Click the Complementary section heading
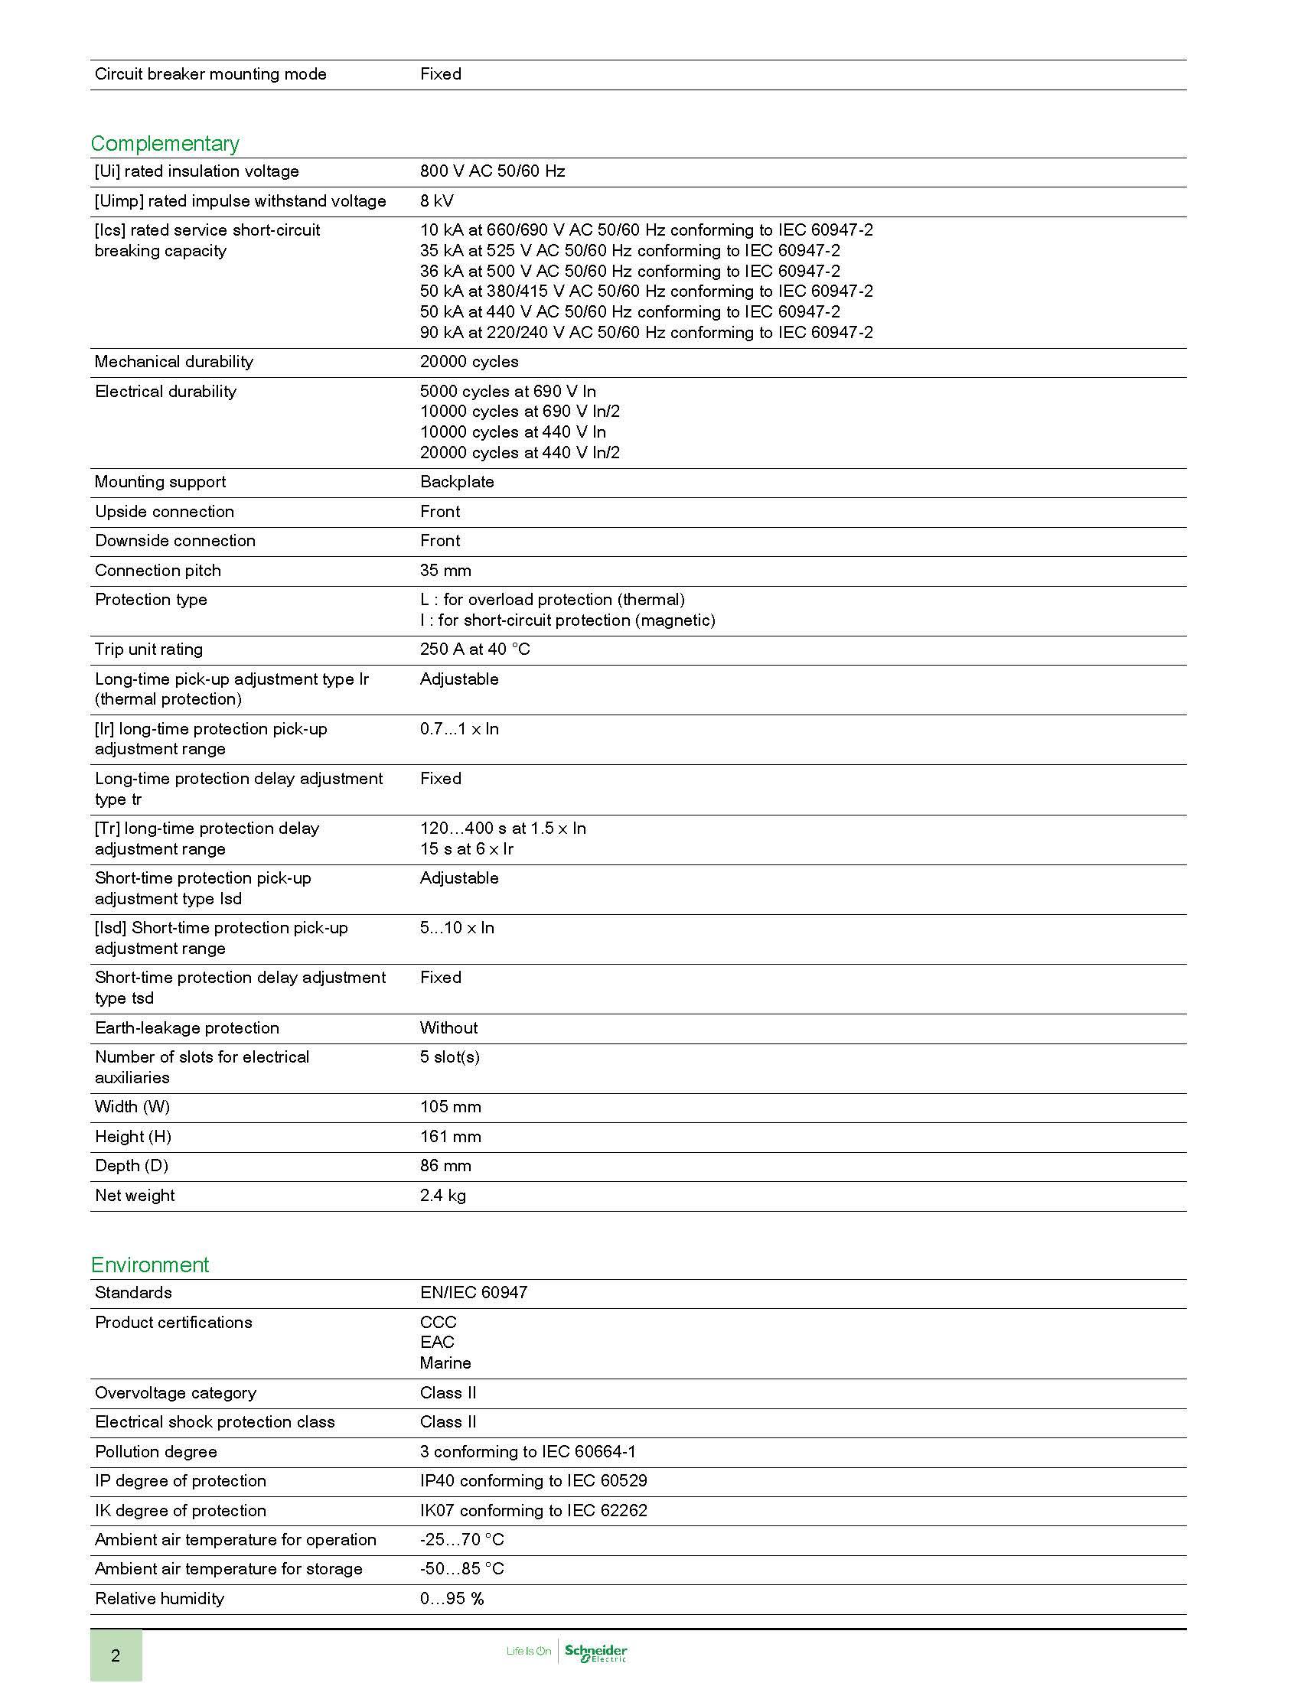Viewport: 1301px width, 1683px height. pyautogui.click(x=165, y=144)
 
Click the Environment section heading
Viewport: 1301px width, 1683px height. pyautogui.click(x=149, y=1265)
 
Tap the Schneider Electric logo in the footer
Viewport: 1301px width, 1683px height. pyautogui.click(x=595, y=1652)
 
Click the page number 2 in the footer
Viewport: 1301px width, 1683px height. pyautogui.click(x=116, y=1655)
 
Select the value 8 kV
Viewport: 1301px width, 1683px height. pyautogui.click(x=436, y=201)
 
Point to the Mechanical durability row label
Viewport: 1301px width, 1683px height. pyautogui.click(x=174, y=362)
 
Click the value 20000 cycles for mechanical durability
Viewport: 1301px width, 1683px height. pyautogui.click(x=468, y=362)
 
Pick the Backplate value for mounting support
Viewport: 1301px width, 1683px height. pyautogui.click(x=456, y=483)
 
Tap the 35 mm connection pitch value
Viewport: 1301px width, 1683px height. pyautogui.click(x=445, y=571)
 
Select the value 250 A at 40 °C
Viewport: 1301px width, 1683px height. pyautogui.click(x=474, y=649)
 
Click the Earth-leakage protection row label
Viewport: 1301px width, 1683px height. pyautogui.click(x=187, y=1028)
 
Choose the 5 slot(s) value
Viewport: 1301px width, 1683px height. pyautogui.click(x=449, y=1057)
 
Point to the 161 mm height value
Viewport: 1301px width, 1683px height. pyautogui.click(x=450, y=1137)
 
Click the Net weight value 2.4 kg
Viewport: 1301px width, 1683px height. pyautogui.click(x=442, y=1196)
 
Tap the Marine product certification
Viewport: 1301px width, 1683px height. pyautogui.click(x=445, y=1363)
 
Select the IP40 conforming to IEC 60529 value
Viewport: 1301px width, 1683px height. pyautogui.click(x=533, y=1481)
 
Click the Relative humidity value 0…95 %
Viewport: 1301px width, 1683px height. pyautogui.click(x=452, y=1599)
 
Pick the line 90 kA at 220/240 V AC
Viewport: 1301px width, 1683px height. pyautogui.click(x=646, y=333)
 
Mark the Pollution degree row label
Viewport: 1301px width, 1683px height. pyautogui.click(x=155, y=1452)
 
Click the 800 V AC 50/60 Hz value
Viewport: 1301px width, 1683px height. pyautogui.click(x=492, y=172)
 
